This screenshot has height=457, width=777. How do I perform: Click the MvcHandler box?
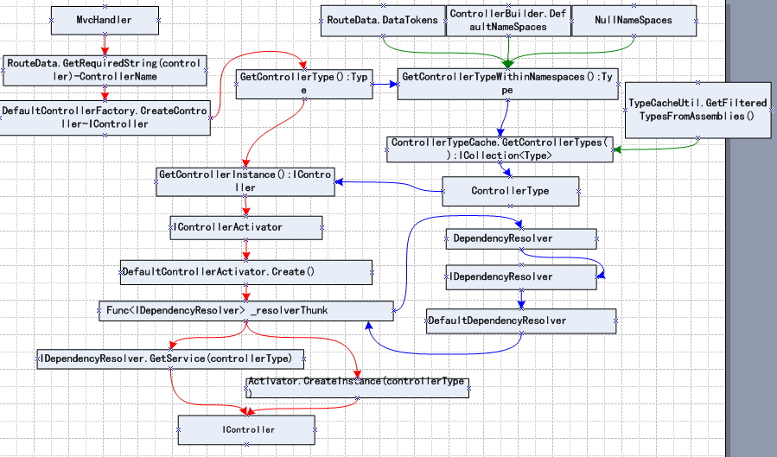105,20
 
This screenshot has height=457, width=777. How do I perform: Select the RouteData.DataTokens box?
383,21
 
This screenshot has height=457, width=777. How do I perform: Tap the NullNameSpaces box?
634,21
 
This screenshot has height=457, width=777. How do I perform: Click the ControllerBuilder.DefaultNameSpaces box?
508,21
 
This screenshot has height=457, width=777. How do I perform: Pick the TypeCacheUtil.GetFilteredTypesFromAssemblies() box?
697,110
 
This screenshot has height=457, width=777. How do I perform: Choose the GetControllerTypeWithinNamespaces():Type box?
507,84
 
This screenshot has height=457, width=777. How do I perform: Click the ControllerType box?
511,191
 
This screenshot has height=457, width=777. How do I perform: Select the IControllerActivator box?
246,228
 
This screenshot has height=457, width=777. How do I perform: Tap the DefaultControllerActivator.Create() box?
246,272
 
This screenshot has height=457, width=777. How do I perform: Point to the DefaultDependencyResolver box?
521,321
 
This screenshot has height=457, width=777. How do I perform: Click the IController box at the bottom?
247,429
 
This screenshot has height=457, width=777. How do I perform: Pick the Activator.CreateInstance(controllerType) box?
357,388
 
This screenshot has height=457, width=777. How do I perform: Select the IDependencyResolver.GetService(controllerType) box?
170,359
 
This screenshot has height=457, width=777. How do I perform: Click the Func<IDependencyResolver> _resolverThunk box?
246,311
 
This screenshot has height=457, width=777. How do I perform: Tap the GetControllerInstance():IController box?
245,181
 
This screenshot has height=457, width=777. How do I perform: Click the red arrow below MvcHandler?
105,45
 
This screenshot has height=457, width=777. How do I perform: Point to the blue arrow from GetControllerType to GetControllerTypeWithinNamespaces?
385,84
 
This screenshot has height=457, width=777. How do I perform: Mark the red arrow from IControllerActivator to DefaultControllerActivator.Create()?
246,251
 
